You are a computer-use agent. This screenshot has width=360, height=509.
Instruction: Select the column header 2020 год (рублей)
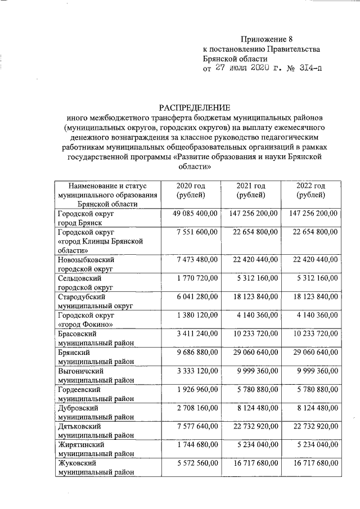coord(190,190)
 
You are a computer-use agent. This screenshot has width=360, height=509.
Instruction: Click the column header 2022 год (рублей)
coord(310,190)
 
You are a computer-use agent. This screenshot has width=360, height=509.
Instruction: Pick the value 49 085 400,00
coord(189,214)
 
